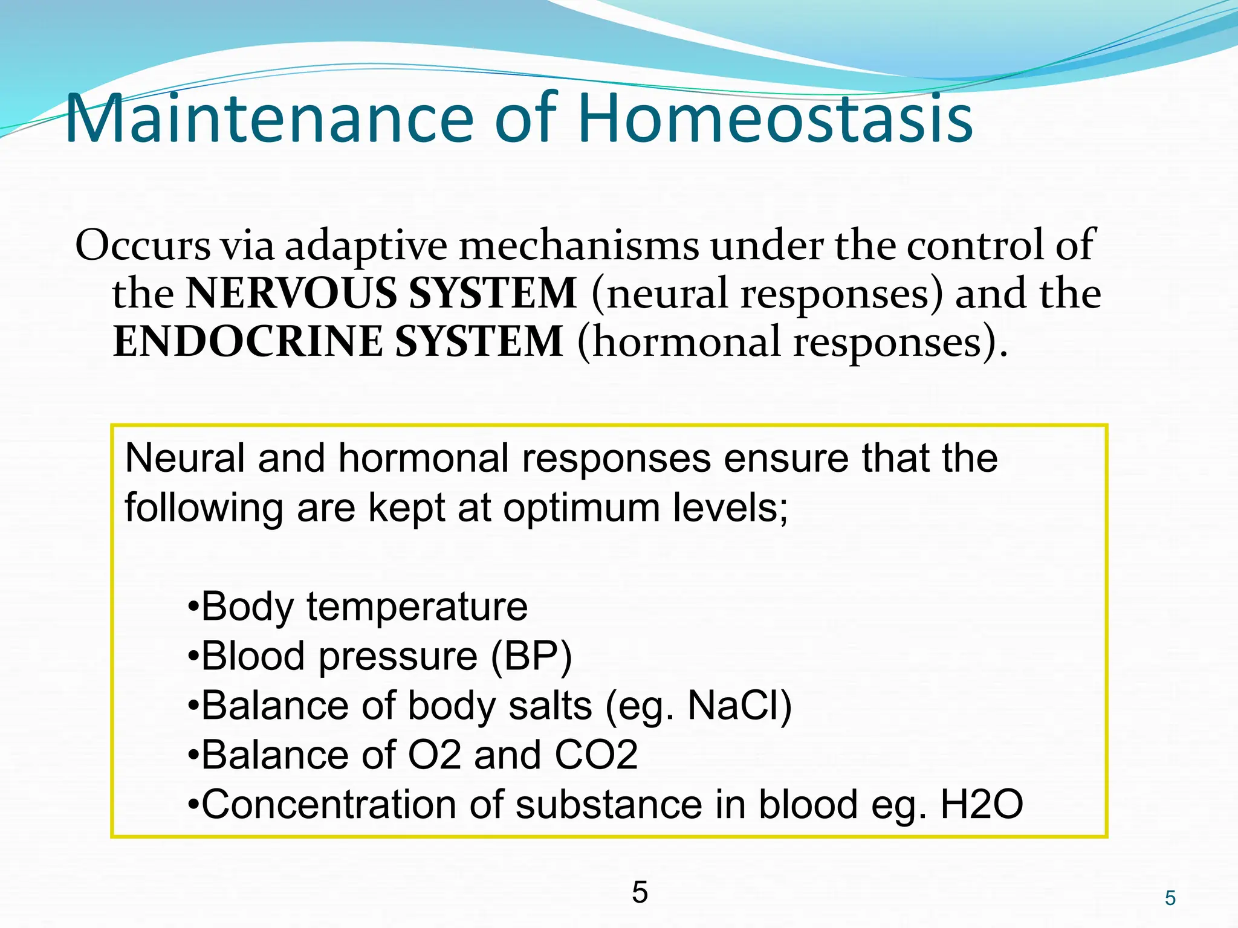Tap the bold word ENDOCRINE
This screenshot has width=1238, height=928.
coord(248,342)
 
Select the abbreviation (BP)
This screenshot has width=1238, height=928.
coord(531,656)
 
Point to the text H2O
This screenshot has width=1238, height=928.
coord(981,805)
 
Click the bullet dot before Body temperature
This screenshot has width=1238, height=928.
coord(193,607)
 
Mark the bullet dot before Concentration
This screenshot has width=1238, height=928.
coord(193,805)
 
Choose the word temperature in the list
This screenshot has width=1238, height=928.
coord(416,607)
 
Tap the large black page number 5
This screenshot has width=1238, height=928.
coord(640,892)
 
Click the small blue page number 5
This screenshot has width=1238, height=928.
coord(1170,898)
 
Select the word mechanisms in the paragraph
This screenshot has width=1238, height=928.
coord(578,246)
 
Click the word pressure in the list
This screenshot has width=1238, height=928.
coord(398,656)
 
